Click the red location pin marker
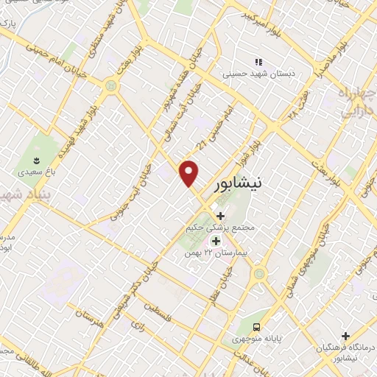coord(190,173)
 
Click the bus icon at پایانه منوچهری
coord(256,326)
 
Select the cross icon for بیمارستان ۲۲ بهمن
coord(216,240)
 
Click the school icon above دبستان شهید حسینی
coord(258,62)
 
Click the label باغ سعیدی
coord(34,175)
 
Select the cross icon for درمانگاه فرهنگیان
coord(345,336)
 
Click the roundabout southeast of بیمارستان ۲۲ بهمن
coord(258,275)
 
